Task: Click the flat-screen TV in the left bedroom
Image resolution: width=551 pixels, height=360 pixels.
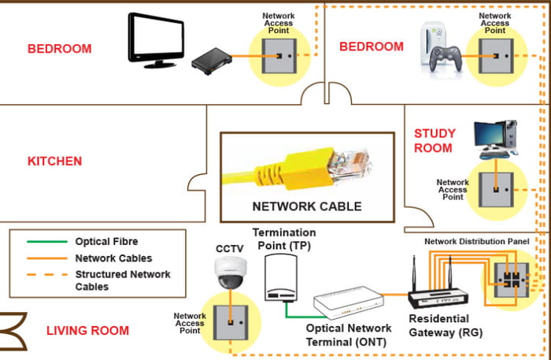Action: click(x=157, y=39)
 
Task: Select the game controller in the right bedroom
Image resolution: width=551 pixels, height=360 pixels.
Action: click(x=446, y=56)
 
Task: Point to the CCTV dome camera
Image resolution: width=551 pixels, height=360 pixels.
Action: click(x=231, y=273)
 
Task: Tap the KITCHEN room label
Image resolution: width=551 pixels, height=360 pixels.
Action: click(x=55, y=161)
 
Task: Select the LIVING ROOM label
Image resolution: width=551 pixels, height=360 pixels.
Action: click(x=87, y=330)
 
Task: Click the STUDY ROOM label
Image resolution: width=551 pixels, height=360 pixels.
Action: click(x=434, y=140)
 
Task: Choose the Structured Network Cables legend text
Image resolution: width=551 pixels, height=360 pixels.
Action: click(x=122, y=280)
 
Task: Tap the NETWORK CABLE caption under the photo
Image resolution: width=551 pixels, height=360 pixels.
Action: click(x=306, y=207)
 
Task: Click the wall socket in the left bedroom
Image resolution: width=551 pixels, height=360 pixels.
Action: click(x=281, y=58)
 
